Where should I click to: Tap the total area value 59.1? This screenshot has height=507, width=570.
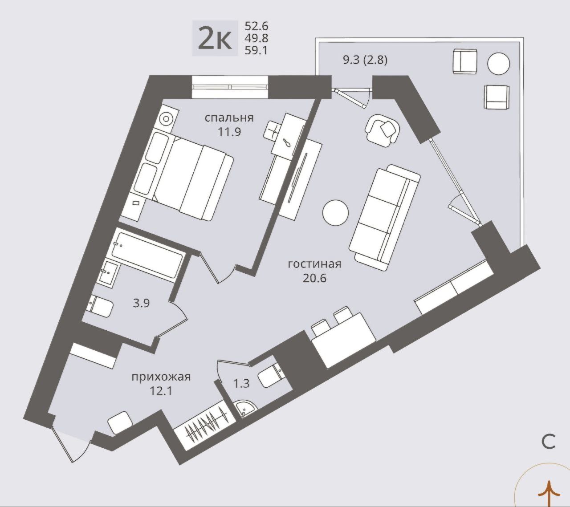click(x=256, y=51)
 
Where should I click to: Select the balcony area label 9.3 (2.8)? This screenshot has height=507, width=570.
click(x=365, y=61)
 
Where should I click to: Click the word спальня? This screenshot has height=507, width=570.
click(x=229, y=118)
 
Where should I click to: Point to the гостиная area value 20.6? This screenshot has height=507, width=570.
click(x=314, y=278)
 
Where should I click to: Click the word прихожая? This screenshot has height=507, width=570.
click(x=161, y=377)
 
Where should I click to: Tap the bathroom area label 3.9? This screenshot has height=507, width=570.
click(x=141, y=304)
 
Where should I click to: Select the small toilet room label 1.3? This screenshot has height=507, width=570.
click(x=242, y=384)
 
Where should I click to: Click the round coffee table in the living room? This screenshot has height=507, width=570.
click(x=335, y=212)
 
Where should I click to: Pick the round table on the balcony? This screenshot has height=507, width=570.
click(x=498, y=64)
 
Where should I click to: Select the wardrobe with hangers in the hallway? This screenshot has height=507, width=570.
click(x=206, y=422)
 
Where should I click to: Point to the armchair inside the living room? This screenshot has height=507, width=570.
click(x=383, y=130)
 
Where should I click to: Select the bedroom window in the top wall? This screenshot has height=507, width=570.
click(x=230, y=87)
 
